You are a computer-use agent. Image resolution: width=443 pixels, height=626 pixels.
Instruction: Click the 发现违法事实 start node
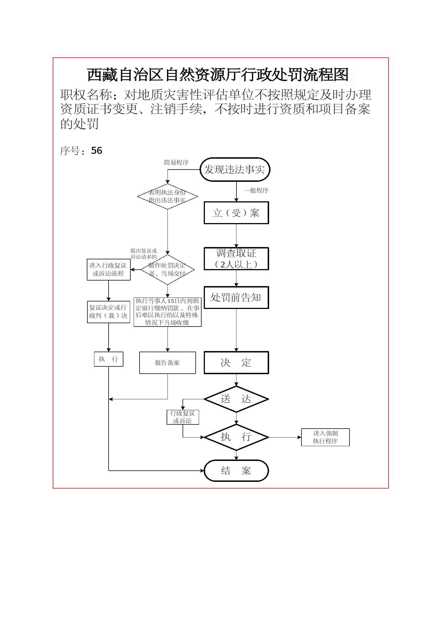click(235, 170)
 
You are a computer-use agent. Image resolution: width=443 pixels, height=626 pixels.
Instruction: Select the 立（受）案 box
click(236, 213)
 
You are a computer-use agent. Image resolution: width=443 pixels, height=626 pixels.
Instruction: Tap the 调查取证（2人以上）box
click(236, 258)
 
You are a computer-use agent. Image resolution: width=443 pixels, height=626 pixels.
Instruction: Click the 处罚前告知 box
click(236, 298)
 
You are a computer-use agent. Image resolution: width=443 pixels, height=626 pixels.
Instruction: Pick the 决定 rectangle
click(236, 362)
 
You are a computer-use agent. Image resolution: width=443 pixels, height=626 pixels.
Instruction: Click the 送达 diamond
click(236, 399)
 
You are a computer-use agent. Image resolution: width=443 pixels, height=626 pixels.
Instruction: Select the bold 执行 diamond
click(236, 437)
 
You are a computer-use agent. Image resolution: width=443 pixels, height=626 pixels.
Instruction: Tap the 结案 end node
click(236, 471)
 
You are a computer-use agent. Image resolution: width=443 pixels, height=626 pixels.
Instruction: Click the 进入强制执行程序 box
click(325, 437)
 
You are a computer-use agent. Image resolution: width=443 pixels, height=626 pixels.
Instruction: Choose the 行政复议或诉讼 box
click(183, 417)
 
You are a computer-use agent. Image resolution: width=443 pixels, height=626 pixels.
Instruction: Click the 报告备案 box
click(167, 363)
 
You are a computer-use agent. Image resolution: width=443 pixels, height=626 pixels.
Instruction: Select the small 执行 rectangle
click(109, 359)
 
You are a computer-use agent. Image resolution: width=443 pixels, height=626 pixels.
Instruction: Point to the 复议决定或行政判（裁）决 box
click(109, 312)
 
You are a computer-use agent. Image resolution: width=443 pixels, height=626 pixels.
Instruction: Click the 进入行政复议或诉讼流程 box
click(109, 270)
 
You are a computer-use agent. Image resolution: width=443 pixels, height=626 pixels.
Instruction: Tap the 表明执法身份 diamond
click(167, 196)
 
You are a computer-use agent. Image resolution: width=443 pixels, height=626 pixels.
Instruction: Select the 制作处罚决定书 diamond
click(167, 270)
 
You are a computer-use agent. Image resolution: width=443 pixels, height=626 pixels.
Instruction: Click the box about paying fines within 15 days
click(167, 312)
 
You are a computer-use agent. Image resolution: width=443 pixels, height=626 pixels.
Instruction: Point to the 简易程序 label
click(176, 163)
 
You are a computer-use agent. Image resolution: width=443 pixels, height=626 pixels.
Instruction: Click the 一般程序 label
click(256, 190)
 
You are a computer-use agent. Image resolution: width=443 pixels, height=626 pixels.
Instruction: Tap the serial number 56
click(97, 151)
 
